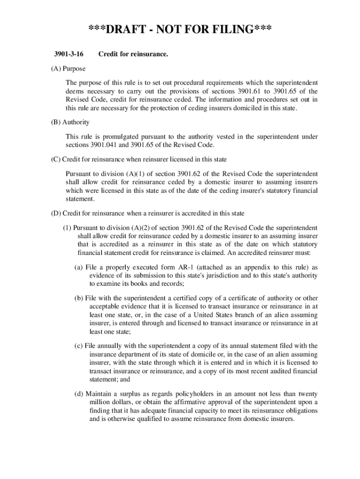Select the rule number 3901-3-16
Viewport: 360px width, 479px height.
[67, 55]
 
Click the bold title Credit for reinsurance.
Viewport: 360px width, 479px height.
[133, 55]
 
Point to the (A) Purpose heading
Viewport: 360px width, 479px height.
[68, 69]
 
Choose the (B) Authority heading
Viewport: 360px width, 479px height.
[70, 123]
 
